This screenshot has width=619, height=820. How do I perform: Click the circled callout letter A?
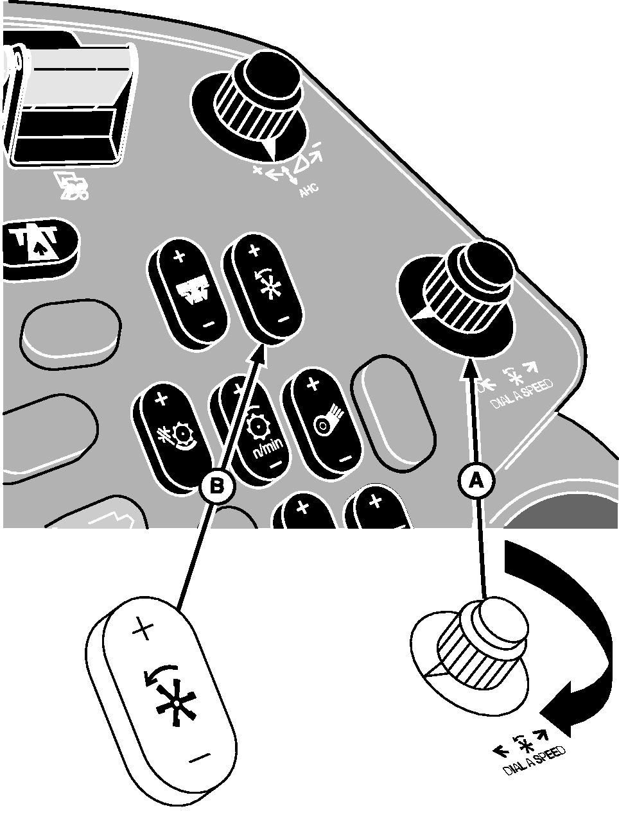[476, 481]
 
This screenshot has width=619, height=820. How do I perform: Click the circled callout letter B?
[217, 486]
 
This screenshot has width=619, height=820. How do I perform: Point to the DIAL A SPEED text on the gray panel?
[521, 394]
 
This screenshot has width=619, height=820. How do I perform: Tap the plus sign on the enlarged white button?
[143, 630]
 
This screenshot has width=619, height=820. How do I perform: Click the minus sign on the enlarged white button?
[199, 757]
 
